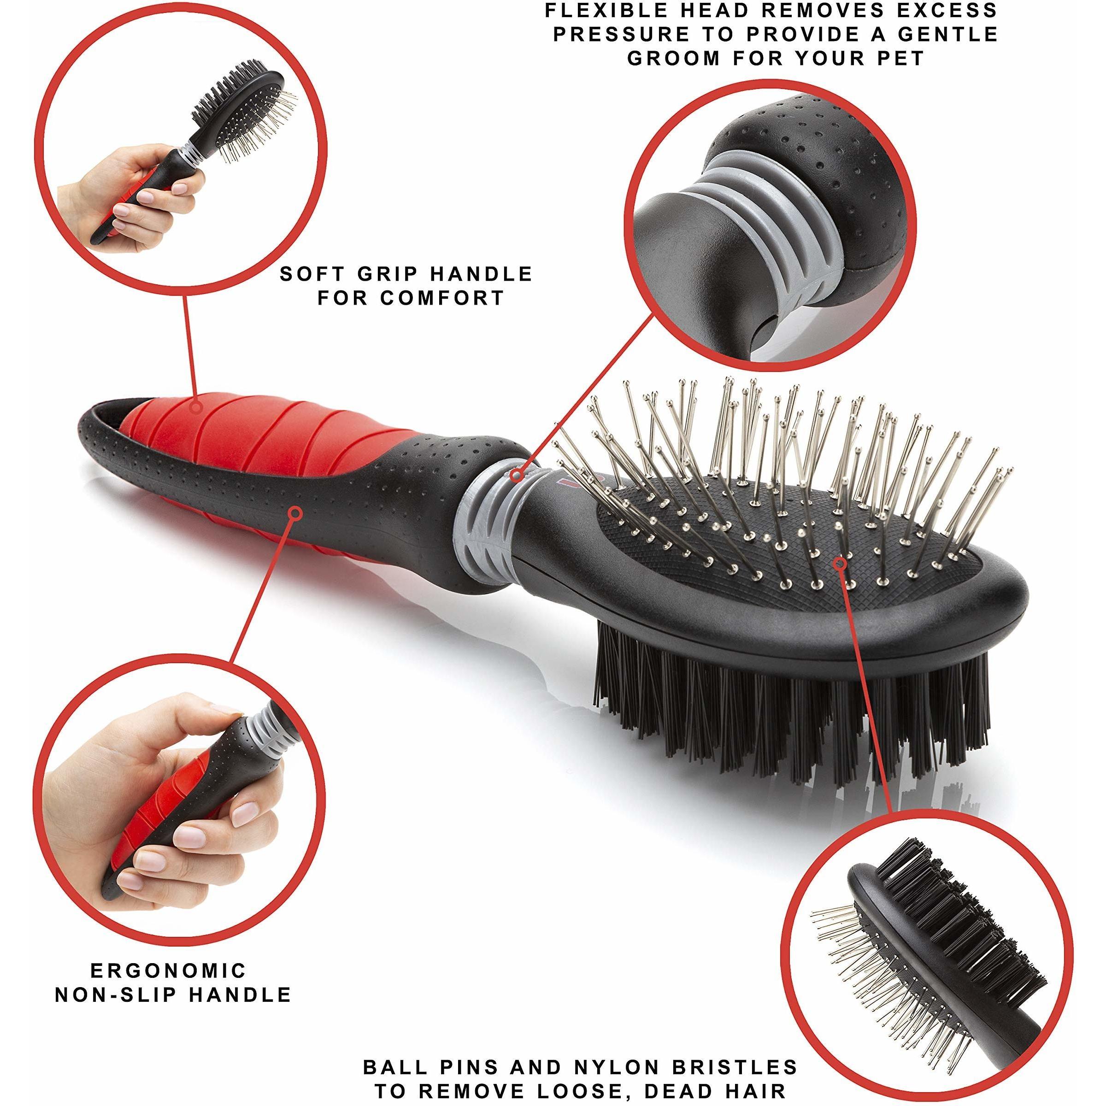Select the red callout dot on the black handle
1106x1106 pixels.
click(296, 513)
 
